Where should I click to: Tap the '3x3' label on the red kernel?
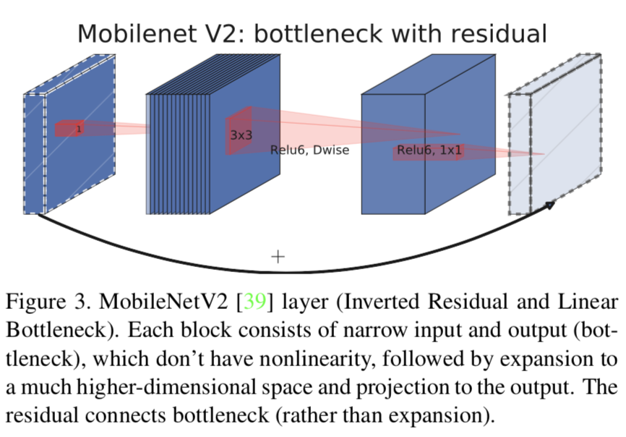(x=241, y=135)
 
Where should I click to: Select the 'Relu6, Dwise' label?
(x=309, y=150)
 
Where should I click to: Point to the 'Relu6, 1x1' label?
(x=429, y=150)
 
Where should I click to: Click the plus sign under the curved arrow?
(x=278, y=256)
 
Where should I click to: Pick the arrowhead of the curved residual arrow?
(x=550, y=205)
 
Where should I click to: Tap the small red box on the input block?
(x=69, y=129)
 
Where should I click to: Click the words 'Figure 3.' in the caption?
(x=47, y=301)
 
